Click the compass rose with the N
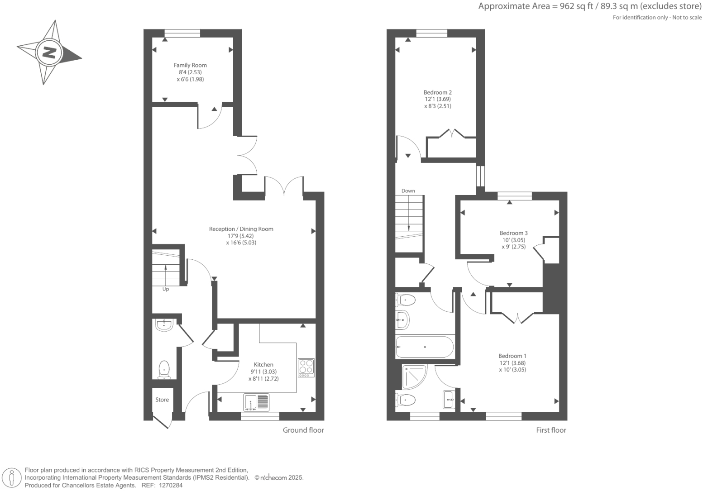coord(49,52)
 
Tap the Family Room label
coord(190,65)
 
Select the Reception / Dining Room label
coord(241,229)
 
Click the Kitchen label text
coord(263,365)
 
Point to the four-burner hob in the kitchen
coord(306,367)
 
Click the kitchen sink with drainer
coord(256,402)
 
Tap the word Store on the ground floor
coord(162,400)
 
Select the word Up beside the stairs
coord(166,289)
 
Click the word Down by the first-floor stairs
coord(408,191)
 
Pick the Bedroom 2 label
coord(438,92)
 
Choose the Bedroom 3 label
coord(513,233)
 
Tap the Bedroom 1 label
coord(512,356)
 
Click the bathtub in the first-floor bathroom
coord(425,347)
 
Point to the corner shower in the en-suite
coord(413,376)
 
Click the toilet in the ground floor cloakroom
coord(164,369)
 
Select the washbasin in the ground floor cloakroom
coord(164,324)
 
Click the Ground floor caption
coord(303,430)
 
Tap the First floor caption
coord(551,430)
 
